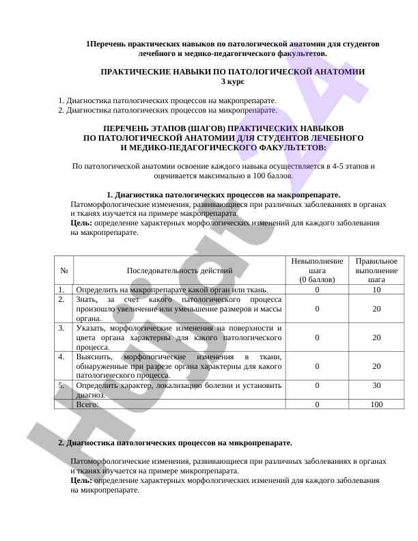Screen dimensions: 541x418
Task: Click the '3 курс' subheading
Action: [x=232, y=81]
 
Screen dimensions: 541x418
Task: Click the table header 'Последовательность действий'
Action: [x=179, y=270]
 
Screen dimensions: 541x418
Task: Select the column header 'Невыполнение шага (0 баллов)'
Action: [x=317, y=270]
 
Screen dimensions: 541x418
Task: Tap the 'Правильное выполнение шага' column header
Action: [x=376, y=270]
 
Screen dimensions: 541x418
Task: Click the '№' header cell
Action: [x=63, y=270]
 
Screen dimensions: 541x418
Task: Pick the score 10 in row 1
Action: [x=376, y=290]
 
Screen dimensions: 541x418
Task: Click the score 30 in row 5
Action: [x=376, y=385]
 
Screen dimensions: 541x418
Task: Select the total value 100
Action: [x=376, y=404]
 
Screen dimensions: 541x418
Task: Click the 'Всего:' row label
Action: [x=87, y=404]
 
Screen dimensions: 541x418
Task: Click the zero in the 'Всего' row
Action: [x=317, y=404]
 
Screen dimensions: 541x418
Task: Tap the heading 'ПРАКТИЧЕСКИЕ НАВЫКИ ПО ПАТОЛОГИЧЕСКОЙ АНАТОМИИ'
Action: [x=232, y=71]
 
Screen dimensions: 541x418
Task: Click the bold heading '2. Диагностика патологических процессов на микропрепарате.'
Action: [x=175, y=443]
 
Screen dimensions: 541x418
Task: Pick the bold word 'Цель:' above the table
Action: [x=81, y=223]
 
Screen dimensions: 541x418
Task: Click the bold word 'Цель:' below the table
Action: [x=81, y=480]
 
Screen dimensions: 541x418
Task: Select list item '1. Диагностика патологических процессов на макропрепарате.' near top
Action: [x=167, y=100]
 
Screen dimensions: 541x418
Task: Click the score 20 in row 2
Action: [x=376, y=309]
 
